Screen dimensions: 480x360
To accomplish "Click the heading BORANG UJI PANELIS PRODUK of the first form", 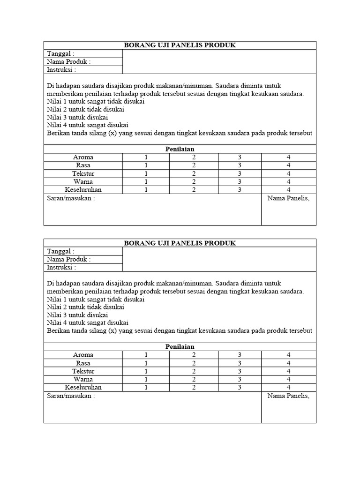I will [x=180, y=45].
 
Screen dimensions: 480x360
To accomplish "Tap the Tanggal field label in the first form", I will [x=60, y=54].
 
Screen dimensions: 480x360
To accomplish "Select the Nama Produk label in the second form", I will [x=69, y=259].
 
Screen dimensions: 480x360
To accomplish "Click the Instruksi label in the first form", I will [x=61, y=70].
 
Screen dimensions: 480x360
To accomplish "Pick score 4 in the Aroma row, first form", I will [x=289, y=157].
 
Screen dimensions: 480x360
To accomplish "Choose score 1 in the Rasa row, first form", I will [x=146, y=165].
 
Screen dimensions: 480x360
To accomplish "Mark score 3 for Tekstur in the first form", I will [x=239, y=173].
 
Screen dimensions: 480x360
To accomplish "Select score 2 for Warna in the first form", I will [x=194, y=181].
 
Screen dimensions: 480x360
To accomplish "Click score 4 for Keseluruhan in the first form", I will [x=289, y=189].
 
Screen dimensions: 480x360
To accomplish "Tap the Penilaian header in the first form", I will [x=180, y=149].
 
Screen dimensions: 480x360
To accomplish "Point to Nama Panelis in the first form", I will [x=289, y=198].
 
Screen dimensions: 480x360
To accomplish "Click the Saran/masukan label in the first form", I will [x=71, y=198].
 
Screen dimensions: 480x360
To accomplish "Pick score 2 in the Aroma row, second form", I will [x=194, y=355].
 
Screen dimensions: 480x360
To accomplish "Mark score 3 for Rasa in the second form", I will [x=239, y=363].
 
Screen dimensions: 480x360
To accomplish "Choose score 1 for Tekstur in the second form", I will [x=146, y=371].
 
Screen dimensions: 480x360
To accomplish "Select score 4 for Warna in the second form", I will [x=289, y=379].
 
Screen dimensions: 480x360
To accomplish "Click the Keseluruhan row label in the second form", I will [x=83, y=387].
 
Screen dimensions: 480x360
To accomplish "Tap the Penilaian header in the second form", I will [x=180, y=347].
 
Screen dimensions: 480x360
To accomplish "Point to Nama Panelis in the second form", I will [x=289, y=396].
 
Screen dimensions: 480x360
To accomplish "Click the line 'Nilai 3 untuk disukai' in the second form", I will [x=77, y=315].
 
